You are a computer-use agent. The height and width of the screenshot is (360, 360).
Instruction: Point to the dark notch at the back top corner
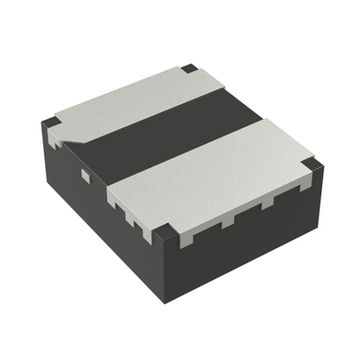click(188, 68)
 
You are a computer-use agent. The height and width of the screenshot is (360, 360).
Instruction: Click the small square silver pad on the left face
click(85, 175)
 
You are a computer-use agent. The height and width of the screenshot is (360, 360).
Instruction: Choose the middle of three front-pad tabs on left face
click(130, 214)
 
